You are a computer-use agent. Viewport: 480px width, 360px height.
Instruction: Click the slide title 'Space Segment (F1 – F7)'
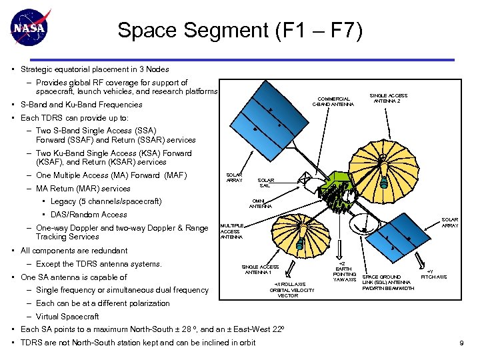[x=240, y=31]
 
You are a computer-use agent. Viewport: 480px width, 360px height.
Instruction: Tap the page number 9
[x=461, y=343]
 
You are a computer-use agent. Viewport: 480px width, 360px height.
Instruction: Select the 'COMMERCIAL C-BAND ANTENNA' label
[x=334, y=101]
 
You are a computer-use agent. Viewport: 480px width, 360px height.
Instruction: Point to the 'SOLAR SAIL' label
[x=265, y=183]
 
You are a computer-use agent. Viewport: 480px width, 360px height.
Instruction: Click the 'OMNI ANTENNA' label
[x=260, y=203]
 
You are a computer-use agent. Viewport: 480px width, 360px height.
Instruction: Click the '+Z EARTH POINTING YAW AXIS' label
[x=344, y=271]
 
